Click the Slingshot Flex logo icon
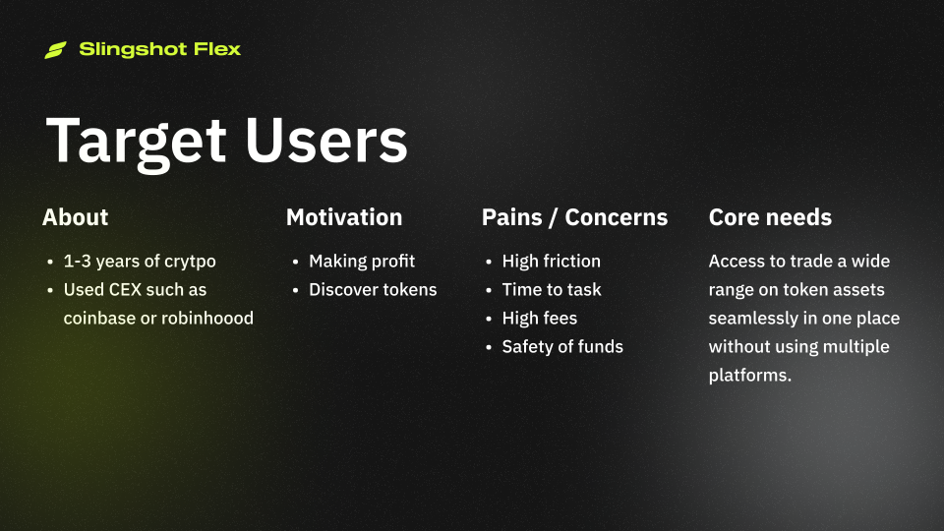pos(55,49)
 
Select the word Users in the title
pos(325,140)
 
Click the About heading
pos(75,217)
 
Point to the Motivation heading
pos(344,217)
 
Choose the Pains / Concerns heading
pos(574,217)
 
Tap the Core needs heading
pos(770,217)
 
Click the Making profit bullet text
pos(362,261)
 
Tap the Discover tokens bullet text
pos(373,289)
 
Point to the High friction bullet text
pos(551,261)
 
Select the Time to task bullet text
pos(552,289)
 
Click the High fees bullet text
pos(539,318)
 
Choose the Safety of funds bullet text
pos(562,346)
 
